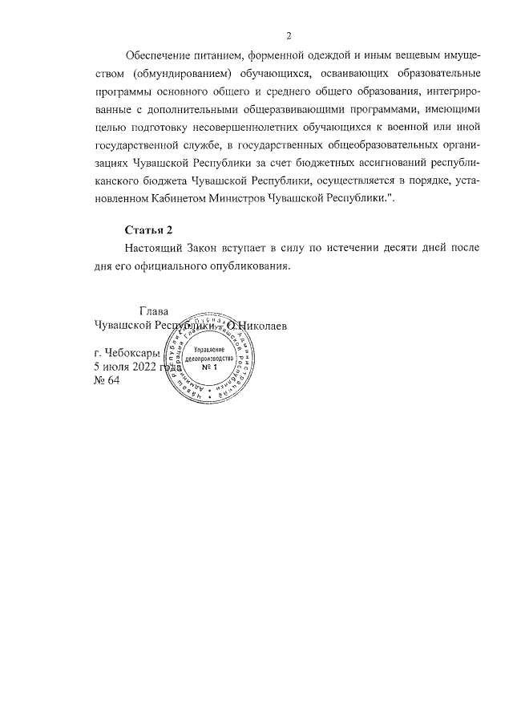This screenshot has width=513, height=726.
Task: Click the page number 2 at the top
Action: tap(289, 34)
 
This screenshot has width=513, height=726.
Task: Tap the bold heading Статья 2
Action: tap(149, 229)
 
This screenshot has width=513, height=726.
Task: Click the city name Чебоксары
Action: tap(133, 352)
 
